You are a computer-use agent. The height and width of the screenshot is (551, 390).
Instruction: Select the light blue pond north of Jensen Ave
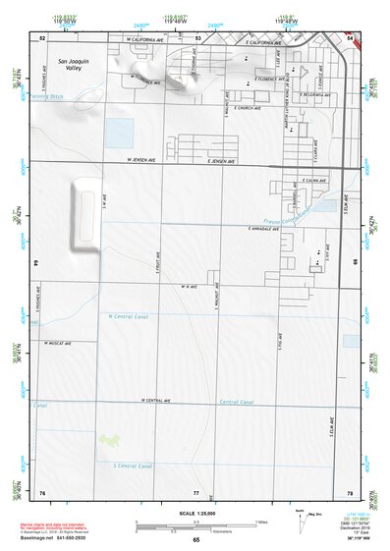pyautogui.click(x=118, y=132)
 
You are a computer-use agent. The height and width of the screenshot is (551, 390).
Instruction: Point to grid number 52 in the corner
pyautogui.click(x=42, y=37)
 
